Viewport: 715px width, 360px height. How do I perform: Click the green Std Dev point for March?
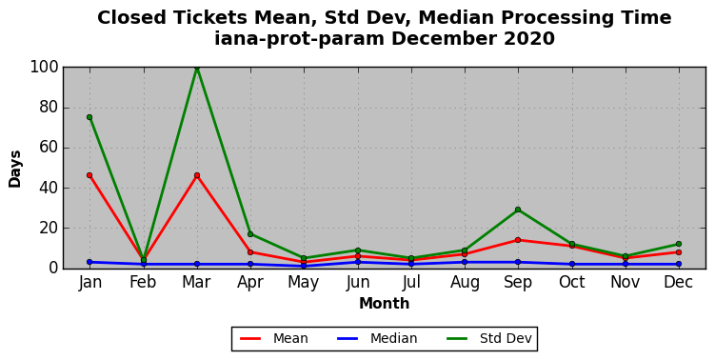pos(197,68)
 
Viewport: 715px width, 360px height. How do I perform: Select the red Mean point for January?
pos(89,175)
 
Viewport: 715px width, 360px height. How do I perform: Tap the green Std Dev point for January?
pos(89,117)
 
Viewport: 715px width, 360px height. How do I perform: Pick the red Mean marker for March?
pos(197,175)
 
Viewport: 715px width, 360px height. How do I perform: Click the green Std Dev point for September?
pos(518,210)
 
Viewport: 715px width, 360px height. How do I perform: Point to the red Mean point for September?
pos(518,240)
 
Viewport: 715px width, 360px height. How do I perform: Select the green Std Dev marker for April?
pos(250,234)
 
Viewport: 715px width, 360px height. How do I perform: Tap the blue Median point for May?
pos(304,266)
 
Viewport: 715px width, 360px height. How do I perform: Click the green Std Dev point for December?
pos(679,244)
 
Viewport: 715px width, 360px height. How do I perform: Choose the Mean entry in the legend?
pos(273,338)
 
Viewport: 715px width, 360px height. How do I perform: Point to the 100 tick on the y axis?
pos(44,68)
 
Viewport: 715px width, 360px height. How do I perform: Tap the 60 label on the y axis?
pos(49,148)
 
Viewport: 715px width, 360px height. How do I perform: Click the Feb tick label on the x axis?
pos(143,282)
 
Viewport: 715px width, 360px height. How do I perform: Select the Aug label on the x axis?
pos(465,283)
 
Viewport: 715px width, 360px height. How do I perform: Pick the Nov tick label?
pos(626,282)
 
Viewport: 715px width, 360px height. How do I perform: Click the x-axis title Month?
pos(385,304)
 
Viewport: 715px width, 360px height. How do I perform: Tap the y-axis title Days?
pos(14,169)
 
